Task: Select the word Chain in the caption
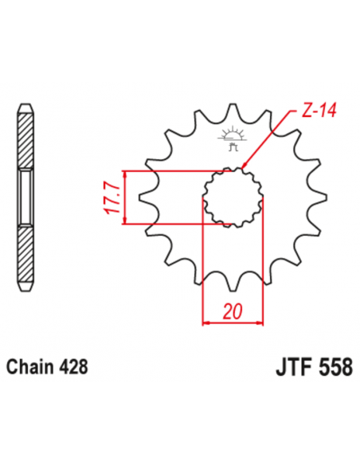pyautogui.click(x=29, y=368)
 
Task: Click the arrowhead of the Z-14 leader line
pyautogui.click(x=242, y=167)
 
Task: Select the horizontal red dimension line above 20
pyautogui.click(x=233, y=322)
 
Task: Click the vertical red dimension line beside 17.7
pyautogui.click(x=124, y=197)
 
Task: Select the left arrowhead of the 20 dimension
pyautogui.click(x=206, y=322)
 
